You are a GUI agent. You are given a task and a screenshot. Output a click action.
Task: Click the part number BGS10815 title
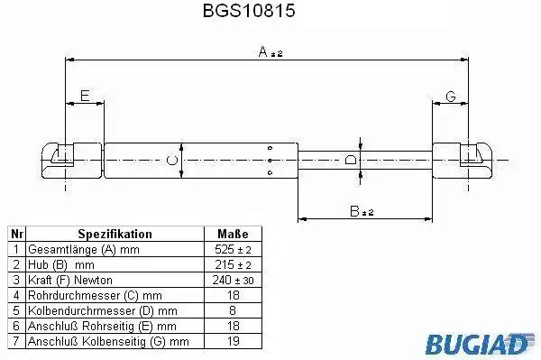(249, 10)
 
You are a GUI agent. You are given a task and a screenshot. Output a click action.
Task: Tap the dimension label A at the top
(270, 51)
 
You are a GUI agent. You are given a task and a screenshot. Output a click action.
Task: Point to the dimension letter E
(85, 96)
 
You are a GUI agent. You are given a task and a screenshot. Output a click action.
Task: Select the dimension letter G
(451, 96)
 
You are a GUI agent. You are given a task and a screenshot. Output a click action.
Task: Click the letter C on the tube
(172, 161)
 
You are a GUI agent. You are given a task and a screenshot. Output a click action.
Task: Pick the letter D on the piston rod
(351, 160)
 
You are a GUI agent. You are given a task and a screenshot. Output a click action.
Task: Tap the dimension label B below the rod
(362, 211)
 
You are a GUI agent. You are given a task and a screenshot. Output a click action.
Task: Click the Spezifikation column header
(115, 234)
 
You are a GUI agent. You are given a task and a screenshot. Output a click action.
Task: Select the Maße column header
(233, 234)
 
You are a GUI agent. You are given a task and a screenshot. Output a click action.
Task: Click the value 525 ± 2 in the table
(233, 249)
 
